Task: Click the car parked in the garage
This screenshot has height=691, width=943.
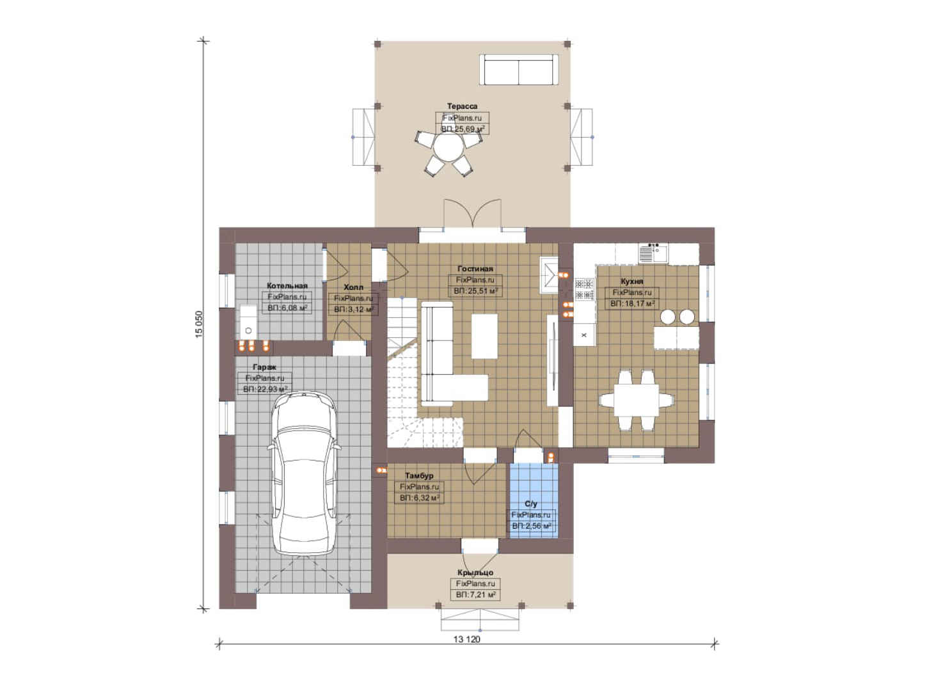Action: click(304, 473)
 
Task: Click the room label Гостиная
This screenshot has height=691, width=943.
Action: click(475, 269)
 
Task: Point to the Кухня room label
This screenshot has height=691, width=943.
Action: click(631, 282)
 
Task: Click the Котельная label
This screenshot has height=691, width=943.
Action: click(287, 285)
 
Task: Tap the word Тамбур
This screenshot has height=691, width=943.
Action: click(419, 475)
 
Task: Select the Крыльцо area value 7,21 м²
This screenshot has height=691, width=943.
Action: click(475, 594)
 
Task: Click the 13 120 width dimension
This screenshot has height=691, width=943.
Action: click(466, 639)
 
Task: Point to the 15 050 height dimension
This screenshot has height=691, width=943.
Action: click(199, 324)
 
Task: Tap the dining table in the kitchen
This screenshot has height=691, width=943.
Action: click(636, 400)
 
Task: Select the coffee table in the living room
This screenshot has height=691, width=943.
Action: click(484, 336)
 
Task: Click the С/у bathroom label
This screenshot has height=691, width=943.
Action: click(531, 504)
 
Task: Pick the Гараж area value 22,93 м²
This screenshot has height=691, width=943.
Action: click(265, 389)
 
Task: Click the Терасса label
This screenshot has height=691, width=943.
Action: click(462, 106)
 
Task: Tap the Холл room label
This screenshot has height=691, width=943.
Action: click(353, 287)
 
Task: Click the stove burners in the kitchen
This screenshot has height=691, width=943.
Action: click(584, 289)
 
